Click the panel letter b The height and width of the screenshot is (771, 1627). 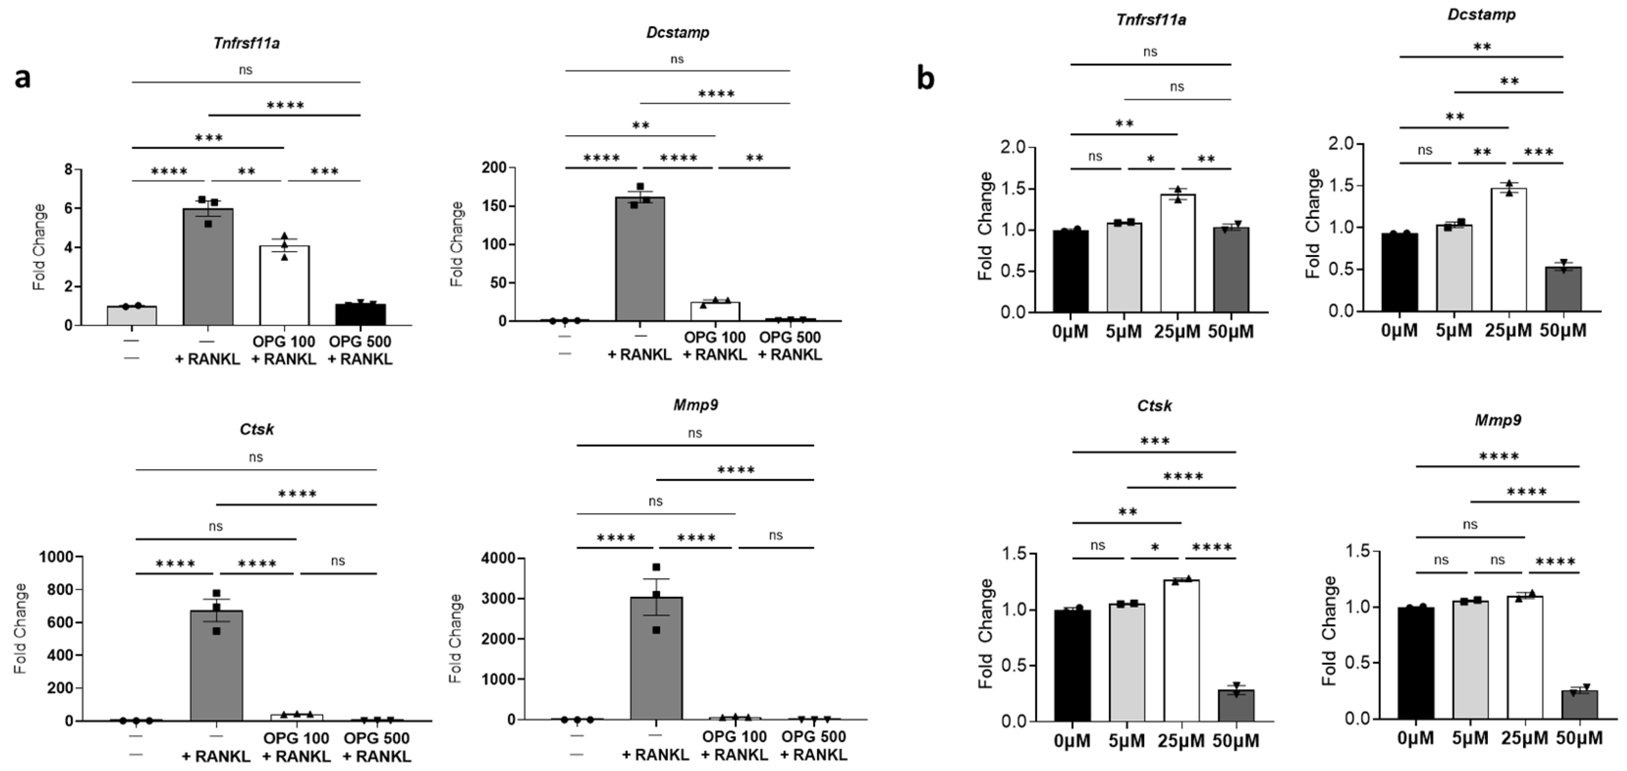925,79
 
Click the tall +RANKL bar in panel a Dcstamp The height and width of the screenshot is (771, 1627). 640,259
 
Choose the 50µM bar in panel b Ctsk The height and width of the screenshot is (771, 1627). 1236,705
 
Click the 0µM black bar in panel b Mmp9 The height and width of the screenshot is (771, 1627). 1416,663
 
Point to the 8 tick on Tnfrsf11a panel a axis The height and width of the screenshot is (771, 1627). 68,169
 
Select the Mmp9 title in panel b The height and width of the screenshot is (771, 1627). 1498,420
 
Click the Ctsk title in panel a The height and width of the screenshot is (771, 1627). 257,429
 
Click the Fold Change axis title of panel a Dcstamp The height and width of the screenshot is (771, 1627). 457,244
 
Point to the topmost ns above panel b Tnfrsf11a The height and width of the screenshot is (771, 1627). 1150,52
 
